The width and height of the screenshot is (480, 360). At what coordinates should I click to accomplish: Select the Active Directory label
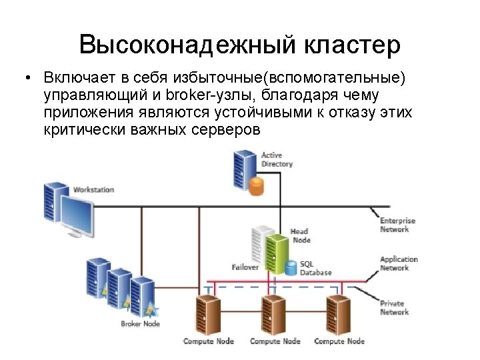point(277,160)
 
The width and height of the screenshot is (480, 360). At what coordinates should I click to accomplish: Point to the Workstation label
point(93,190)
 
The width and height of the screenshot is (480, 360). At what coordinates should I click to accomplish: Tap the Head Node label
point(301,235)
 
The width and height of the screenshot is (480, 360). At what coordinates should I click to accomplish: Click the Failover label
point(245,267)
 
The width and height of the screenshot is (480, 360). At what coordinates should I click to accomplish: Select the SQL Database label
point(315,268)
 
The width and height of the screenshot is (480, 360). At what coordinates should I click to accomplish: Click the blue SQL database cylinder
point(291,267)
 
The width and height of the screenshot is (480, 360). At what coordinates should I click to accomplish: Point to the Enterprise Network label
point(397,225)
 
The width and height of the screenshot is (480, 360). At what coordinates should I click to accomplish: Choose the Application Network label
point(399,263)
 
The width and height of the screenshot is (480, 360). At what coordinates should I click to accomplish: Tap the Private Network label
point(394,308)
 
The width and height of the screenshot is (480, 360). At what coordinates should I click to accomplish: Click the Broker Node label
point(140,324)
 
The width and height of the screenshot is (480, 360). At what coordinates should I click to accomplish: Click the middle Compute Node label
point(275,341)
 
